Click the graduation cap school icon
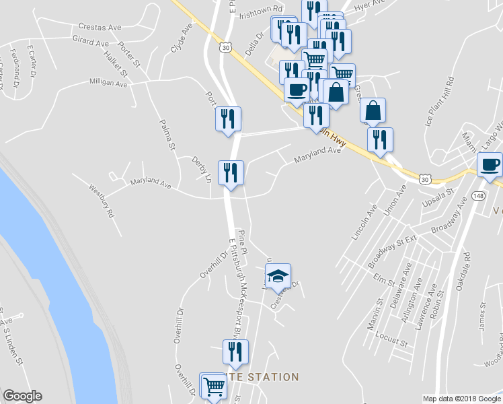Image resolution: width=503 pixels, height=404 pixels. (278, 275)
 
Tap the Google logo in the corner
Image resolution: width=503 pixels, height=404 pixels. (22, 396)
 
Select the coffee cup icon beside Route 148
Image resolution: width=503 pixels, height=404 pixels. (490, 164)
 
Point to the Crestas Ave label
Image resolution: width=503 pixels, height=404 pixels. (99, 28)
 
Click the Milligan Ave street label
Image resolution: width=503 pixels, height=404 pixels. (108, 83)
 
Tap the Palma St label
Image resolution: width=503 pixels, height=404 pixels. (167, 134)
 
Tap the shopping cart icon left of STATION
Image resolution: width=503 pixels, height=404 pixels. (213, 385)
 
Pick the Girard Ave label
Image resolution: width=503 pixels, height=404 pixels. (90, 42)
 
